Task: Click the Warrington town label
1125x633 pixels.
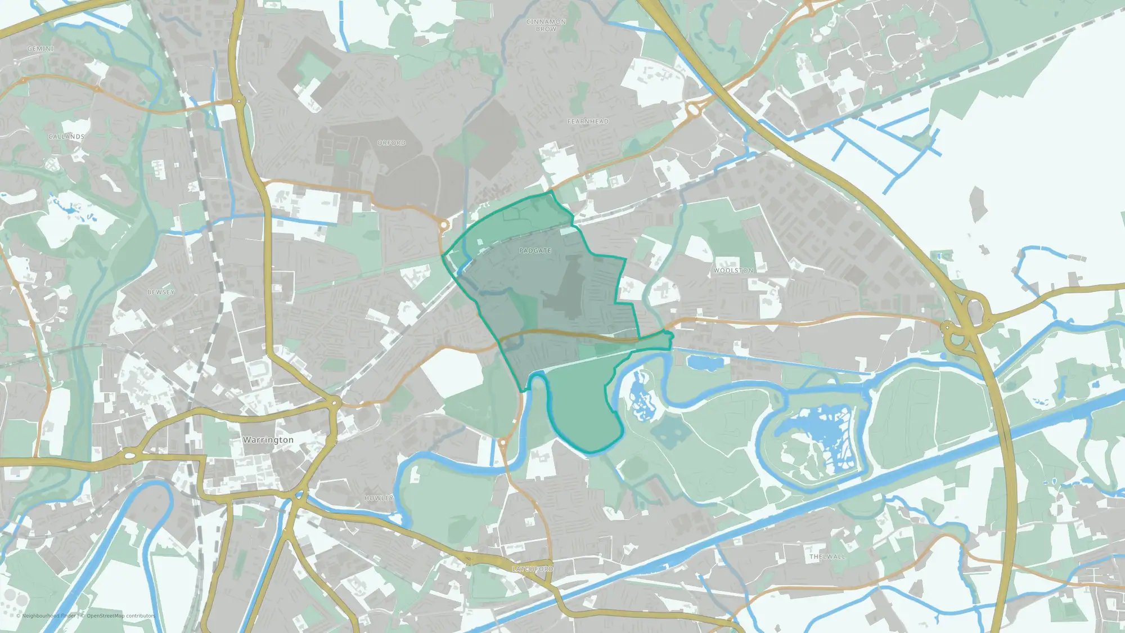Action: [268, 440]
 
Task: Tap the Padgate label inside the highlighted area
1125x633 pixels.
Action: [535, 251]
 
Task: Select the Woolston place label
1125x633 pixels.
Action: [733, 271]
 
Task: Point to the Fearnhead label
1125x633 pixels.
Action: [588, 122]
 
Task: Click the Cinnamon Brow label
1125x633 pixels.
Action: [546, 25]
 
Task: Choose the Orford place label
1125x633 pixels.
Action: [391, 143]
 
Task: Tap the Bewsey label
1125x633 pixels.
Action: [161, 293]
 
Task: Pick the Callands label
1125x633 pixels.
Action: [66, 137]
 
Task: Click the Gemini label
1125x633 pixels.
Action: [40, 49]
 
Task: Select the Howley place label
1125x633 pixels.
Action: [379, 499]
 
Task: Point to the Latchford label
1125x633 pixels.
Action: [533, 569]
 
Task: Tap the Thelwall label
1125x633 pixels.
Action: [827, 557]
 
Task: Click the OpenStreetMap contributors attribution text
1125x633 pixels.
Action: [120, 616]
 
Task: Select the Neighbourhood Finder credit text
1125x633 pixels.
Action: [48, 616]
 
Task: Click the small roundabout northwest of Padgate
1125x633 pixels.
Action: [444, 226]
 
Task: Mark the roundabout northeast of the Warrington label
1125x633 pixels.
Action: [335, 403]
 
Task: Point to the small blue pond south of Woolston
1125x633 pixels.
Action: [703, 363]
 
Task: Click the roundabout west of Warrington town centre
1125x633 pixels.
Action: [130, 455]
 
